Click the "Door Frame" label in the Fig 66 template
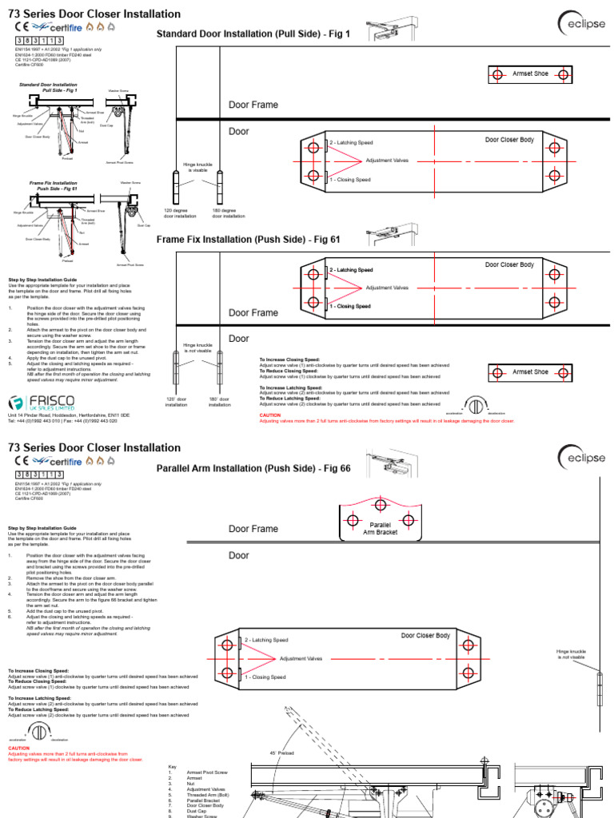click(253, 529)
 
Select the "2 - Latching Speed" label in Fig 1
click(351, 142)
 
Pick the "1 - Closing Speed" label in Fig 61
click(350, 307)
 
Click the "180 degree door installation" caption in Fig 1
click(229, 213)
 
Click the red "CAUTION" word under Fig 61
click(270, 415)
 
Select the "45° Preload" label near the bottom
click(284, 753)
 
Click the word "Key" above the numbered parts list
click(172, 767)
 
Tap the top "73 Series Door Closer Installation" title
click(94, 14)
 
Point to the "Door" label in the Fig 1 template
click(239, 132)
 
